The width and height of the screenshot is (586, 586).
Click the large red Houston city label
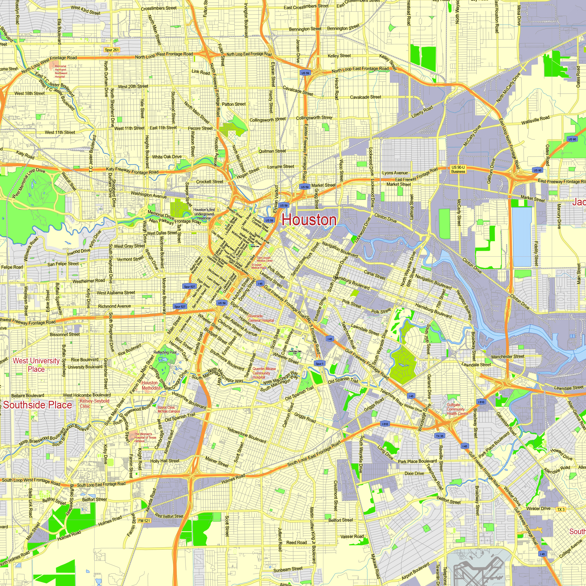(x=309, y=220)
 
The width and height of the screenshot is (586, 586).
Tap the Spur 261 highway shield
(x=112, y=50)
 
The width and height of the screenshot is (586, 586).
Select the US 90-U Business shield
(x=458, y=170)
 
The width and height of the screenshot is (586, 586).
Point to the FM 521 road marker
(x=144, y=520)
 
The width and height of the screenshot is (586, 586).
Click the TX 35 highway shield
(x=439, y=436)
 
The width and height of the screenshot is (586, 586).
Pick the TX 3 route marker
(x=561, y=509)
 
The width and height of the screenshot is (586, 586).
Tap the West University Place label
(x=36, y=365)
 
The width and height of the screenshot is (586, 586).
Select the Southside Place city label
(x=38, y=405)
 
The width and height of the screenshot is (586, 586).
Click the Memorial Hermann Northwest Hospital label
(x=61, y=71)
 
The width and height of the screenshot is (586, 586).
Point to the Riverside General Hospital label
(x=261, y=318)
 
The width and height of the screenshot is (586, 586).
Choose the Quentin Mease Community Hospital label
(x=264, y=373)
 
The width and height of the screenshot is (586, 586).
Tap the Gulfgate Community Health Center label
(x=457, y=409)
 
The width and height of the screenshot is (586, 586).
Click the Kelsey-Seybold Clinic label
(x=94, y=403)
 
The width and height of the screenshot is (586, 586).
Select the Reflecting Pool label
(x=165, y=352)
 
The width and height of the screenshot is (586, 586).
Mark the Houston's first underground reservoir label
(x=204, y=214)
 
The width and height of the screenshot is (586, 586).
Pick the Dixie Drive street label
(x=414, y=473)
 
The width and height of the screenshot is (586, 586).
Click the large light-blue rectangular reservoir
(x=522, y=236)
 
